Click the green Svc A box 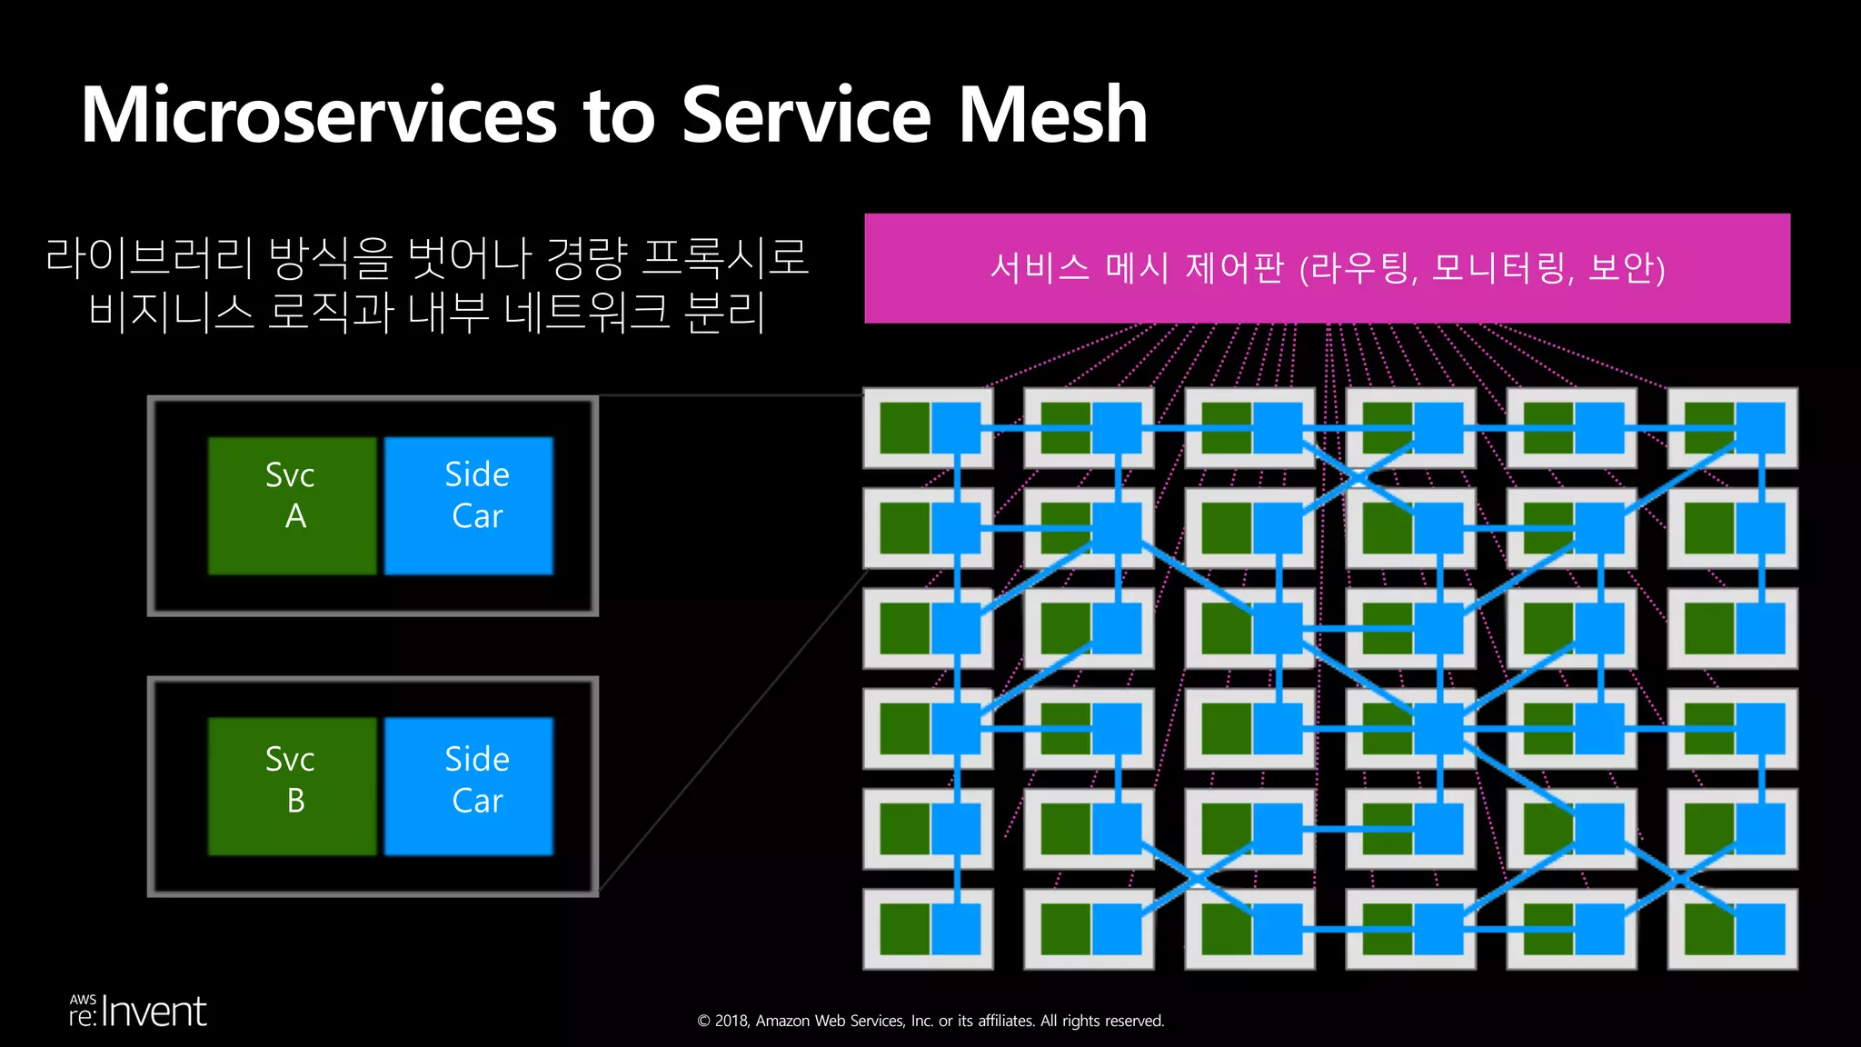click(x=292, y=505)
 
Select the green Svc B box click(x=292, y=786)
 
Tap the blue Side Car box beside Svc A click(x=469, y=505)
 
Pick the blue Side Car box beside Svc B click(x=469, y=786)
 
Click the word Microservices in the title click(x=318, y=115)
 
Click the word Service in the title click(x=806, y=115)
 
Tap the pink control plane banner click(x=1327, y=268)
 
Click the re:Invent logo click(x=138, y=1012)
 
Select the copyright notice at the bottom click(x=930, y=1021)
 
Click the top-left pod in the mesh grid click(x=928, y=428)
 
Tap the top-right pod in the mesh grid click(x=1733, y=428)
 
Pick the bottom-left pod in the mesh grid click(x=928, y=929)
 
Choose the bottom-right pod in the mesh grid click(x=1733, y=929)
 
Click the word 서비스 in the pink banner click(x=1039, y=268)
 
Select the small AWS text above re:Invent click(x=83, y=999)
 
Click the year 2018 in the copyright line click(x=731, y=1021)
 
